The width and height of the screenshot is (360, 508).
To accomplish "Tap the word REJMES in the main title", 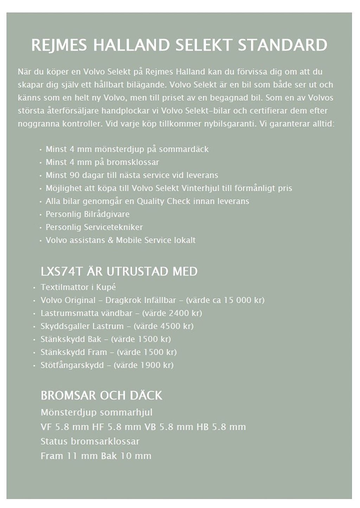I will point(59,45).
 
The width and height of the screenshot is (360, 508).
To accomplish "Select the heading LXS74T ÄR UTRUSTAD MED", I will point(119,271).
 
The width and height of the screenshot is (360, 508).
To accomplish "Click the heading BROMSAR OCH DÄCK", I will point(101,396).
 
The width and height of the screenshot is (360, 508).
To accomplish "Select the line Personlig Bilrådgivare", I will point(88,214).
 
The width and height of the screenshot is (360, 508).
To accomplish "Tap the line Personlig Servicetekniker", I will point(94,227).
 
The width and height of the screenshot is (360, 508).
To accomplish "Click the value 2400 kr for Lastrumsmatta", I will point(184,313).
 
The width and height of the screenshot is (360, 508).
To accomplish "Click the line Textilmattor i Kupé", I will point(78,287).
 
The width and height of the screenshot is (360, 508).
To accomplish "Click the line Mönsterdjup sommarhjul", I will point(96,412).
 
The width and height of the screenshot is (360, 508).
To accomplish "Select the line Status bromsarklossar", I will point(90,441).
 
